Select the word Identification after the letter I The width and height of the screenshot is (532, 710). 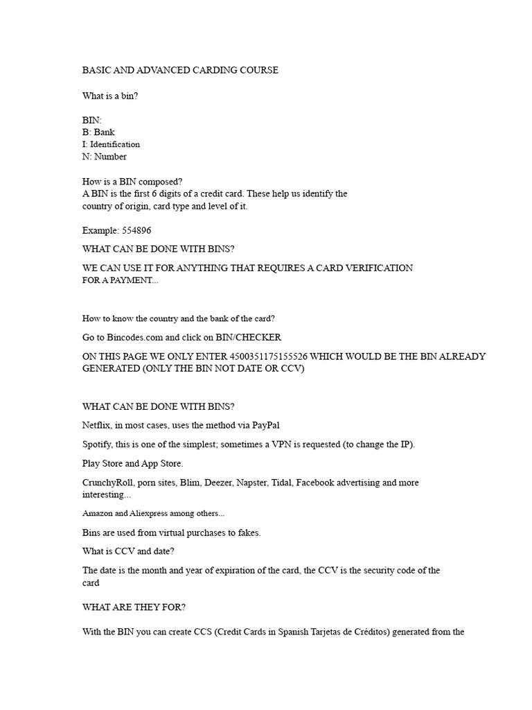coord(115,144)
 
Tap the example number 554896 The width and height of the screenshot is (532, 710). coord(136,231)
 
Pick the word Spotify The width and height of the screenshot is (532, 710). coord(98,444)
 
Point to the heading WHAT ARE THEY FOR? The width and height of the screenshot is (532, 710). coord(134,607)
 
